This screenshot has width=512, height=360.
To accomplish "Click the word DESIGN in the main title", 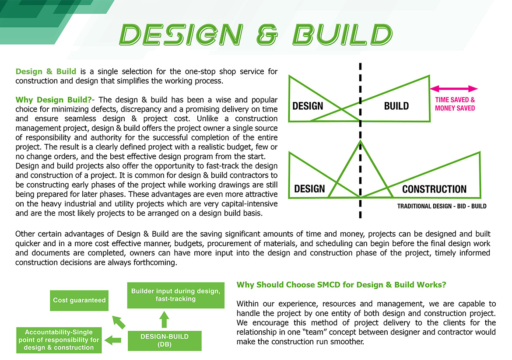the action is (181, 34).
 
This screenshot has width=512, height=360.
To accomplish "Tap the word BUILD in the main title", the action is (342, 34).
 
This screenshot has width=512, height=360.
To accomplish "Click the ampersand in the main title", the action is (267, 35).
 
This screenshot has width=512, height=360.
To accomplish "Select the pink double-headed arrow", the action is (454, 88).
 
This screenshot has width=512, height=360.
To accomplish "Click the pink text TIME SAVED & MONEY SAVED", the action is (455, 104).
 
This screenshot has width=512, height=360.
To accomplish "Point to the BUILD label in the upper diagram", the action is (396, 106).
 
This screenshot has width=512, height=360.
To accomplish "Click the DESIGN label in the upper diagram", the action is (308, 106).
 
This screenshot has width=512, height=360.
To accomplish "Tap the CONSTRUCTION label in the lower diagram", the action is (434, 189).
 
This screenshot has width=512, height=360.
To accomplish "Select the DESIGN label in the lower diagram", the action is (309, 189).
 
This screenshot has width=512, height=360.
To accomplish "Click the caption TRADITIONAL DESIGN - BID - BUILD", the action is (442, 206).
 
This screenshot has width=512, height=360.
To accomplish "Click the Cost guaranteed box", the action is (79, 300).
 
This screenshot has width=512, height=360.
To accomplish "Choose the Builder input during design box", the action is (175, 295).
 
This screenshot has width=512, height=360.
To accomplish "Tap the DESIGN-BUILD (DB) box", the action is (165, 340).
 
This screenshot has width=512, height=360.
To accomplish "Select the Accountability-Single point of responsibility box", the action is (59, 340).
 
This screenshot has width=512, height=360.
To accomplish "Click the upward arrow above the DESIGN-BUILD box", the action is (164, 319).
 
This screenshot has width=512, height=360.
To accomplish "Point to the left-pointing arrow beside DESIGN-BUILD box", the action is (113, 340).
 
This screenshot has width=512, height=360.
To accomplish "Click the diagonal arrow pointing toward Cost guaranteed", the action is (119, 322).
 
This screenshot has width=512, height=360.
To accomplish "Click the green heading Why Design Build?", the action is (53, 100).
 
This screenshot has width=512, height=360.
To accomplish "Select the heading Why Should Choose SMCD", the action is (341, 285).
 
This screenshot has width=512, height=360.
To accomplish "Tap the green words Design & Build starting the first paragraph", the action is (46, 71).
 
